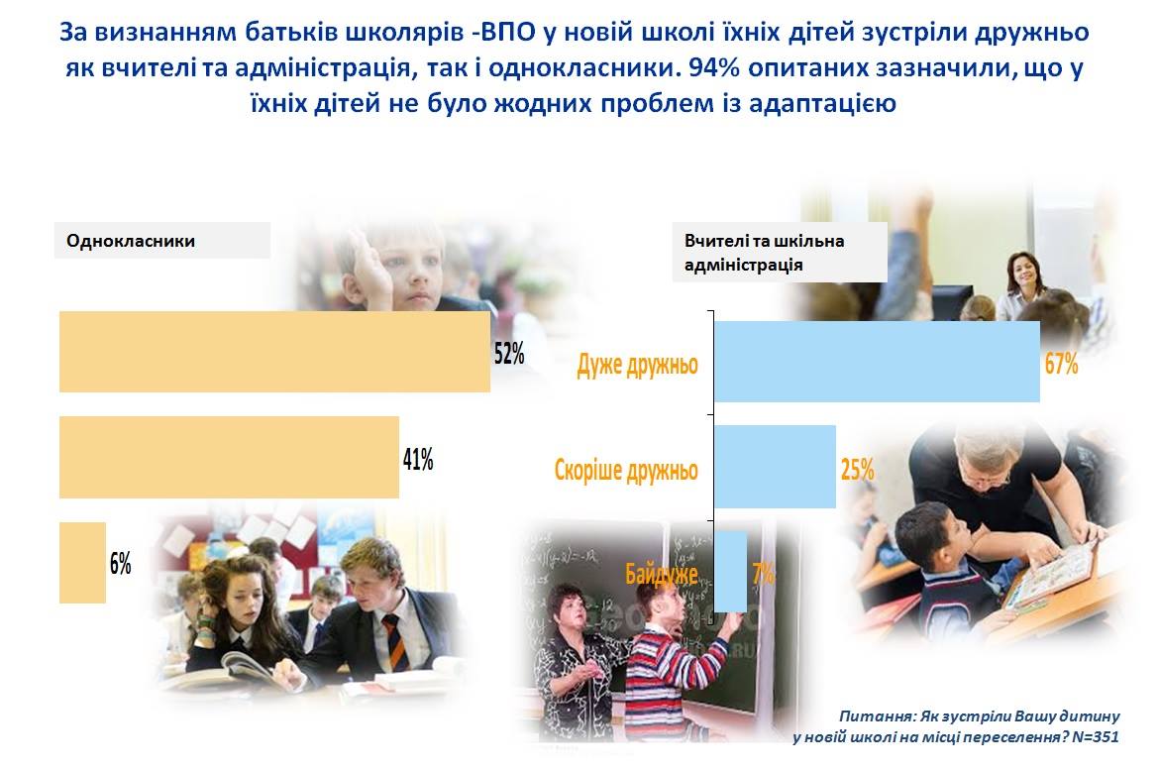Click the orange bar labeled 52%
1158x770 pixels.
point(274,352)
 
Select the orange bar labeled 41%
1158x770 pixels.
point(229,458)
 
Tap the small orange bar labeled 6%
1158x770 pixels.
point(83,563)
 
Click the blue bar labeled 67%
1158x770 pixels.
point(877,362)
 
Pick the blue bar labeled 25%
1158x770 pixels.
point(775,467)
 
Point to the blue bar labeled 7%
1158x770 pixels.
point(730,571)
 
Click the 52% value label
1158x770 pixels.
point(509,354)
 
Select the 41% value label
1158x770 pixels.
point(418,460)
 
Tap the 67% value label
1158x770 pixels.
point(1061,364)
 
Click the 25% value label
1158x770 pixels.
point(858,470)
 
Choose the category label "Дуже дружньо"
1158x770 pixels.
point(637,365)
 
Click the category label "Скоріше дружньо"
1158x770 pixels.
point(626,470)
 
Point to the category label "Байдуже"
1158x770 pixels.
point(662,574)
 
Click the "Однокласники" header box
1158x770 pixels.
point(162,241)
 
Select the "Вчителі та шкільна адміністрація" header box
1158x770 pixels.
point(780,253)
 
